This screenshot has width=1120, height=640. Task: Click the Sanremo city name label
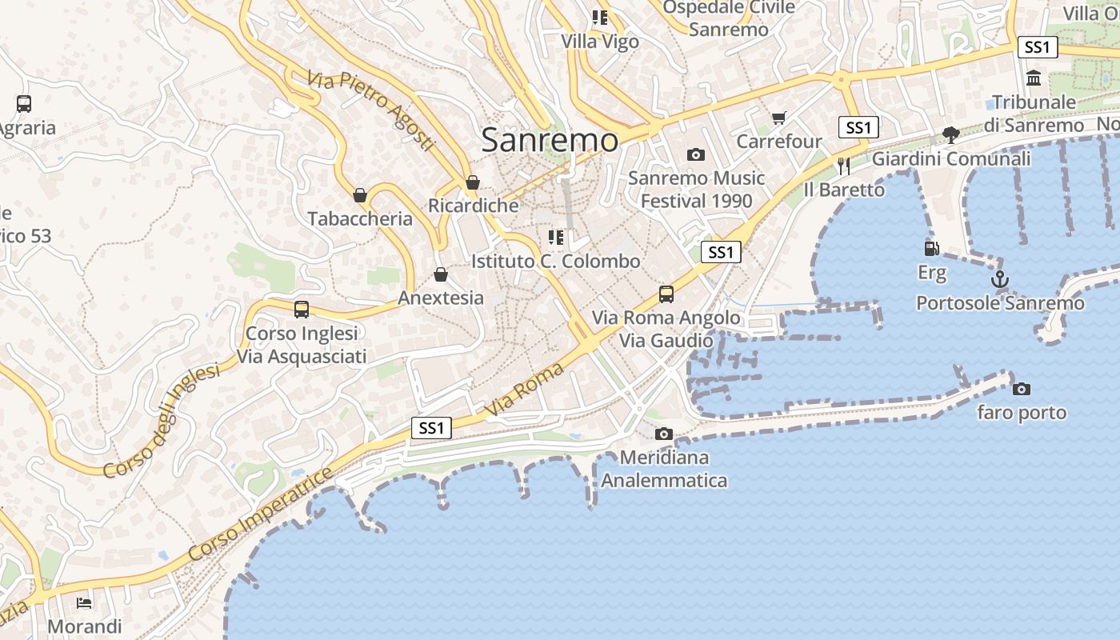(550, 141)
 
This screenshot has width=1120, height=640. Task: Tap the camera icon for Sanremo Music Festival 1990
(696, 154)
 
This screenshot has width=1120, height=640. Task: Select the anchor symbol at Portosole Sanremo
(999, 279)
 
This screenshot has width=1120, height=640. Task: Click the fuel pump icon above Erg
(931, 249)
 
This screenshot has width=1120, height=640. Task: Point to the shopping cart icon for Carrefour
(778, 118)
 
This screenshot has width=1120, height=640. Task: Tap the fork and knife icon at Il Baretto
(844, 166)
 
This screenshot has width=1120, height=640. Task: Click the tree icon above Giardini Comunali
(950, 134)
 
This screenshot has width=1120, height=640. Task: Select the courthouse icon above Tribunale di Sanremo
(1033, 78)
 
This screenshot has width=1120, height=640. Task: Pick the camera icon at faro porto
(1021, 389)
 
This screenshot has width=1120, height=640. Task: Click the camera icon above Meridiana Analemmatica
(663, 434)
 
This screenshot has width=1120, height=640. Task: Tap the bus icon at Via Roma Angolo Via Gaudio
(666, 294)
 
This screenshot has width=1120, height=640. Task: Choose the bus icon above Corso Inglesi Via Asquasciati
(302, 309)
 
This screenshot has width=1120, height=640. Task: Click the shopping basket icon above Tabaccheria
(360, 194)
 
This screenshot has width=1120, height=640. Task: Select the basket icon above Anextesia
(440, 274)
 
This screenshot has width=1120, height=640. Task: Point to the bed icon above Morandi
(84, 602)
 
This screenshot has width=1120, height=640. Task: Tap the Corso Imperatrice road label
(261, 514)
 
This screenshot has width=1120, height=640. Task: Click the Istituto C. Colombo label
(555, 261)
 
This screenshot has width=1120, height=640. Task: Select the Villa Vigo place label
(600, 41)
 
